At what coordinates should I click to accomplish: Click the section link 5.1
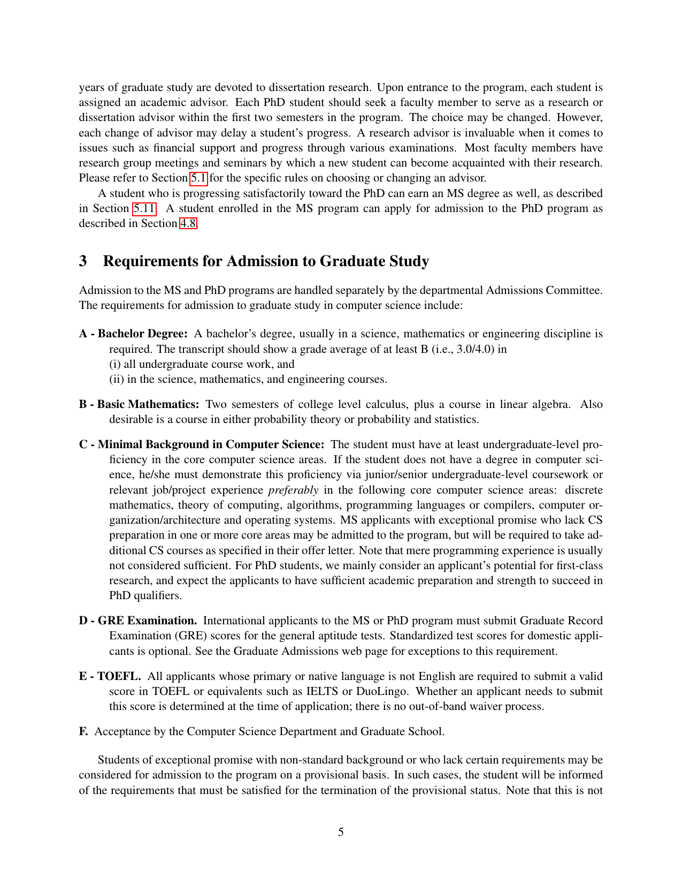click(198, 178)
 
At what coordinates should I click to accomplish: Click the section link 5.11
click(144, 208)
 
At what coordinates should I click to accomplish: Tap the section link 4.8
click(188, 223)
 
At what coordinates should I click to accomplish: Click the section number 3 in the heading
click(83, 261)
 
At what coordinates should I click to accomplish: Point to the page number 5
click(341, 832)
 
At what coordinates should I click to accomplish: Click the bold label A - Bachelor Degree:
click(133, 334)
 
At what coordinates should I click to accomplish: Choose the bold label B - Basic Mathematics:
click(139, 404)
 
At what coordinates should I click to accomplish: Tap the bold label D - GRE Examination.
click(138, 621)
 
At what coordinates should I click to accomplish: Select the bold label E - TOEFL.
click(110, 676)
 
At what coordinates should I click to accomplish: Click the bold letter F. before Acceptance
click(83, 731)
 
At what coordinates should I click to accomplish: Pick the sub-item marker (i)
click(115, 364)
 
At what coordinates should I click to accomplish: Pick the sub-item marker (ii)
click(117, 379)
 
